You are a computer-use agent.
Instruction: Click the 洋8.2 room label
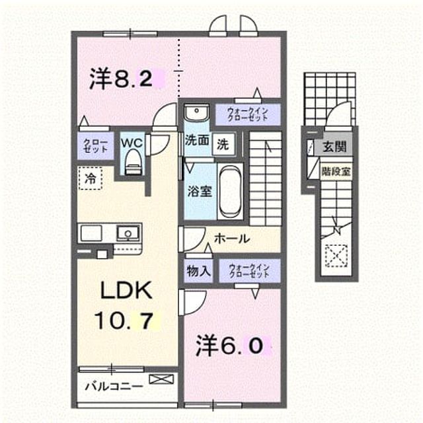(121, 78)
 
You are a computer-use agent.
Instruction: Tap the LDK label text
(126, 290)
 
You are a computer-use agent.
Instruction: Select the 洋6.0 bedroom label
(229, 345)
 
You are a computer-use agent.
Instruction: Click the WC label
(132, 143)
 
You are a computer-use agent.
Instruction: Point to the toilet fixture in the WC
(133, 163)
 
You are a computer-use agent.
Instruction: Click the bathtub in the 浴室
(229, 191)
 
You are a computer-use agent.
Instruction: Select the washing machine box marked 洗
(223, 145)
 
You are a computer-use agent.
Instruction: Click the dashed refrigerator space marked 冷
(91, 178)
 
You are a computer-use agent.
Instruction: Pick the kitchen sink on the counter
(128, 233)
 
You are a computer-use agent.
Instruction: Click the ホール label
(232, 239)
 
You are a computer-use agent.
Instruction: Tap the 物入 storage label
(198, 271)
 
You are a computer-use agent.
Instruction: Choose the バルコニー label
(114, 387)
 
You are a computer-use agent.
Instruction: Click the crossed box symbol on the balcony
(161, 379)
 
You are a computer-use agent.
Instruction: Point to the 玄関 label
(334, 147)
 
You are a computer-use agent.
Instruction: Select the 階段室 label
(336, 171)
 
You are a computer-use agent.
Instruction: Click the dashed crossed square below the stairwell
(336, 256)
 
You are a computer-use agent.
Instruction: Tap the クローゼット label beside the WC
(95, 145)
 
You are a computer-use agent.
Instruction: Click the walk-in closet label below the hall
(249, 270)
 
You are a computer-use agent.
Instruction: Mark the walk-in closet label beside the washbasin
(248, 114)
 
